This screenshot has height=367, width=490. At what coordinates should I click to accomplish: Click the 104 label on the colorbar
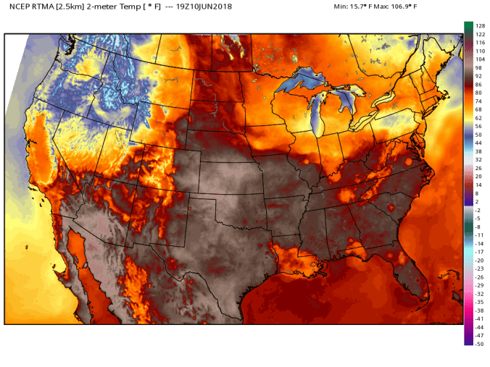point(480,59)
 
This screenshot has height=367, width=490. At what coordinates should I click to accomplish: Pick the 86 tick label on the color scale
point(478,85)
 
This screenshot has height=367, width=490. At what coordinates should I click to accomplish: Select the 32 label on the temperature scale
point(478,160)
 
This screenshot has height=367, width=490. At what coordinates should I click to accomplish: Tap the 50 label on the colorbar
point(478,135)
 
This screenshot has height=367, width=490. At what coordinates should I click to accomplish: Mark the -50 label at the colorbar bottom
point(479,344)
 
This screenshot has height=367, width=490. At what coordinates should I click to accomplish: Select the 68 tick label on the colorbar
point(478,109)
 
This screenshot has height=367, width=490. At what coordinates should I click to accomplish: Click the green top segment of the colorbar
point(468,27)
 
